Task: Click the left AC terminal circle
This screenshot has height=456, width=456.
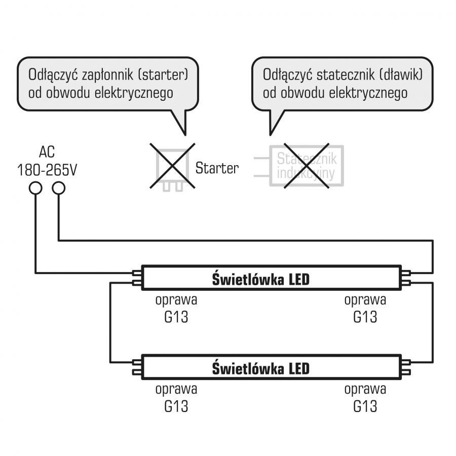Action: pos(35,188)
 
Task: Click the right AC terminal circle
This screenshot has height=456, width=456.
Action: pos(59,188)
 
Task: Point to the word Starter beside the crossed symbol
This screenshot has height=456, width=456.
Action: pos(217,168)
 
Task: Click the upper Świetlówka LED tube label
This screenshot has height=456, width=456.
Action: pos(260,279)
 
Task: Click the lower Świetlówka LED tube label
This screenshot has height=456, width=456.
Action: pos(260,368)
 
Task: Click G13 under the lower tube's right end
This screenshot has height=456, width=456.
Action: pos(365,406)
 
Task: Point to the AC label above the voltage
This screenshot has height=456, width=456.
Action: pos(47,153)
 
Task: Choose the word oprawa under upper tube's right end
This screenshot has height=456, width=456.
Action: pos(365,299)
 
